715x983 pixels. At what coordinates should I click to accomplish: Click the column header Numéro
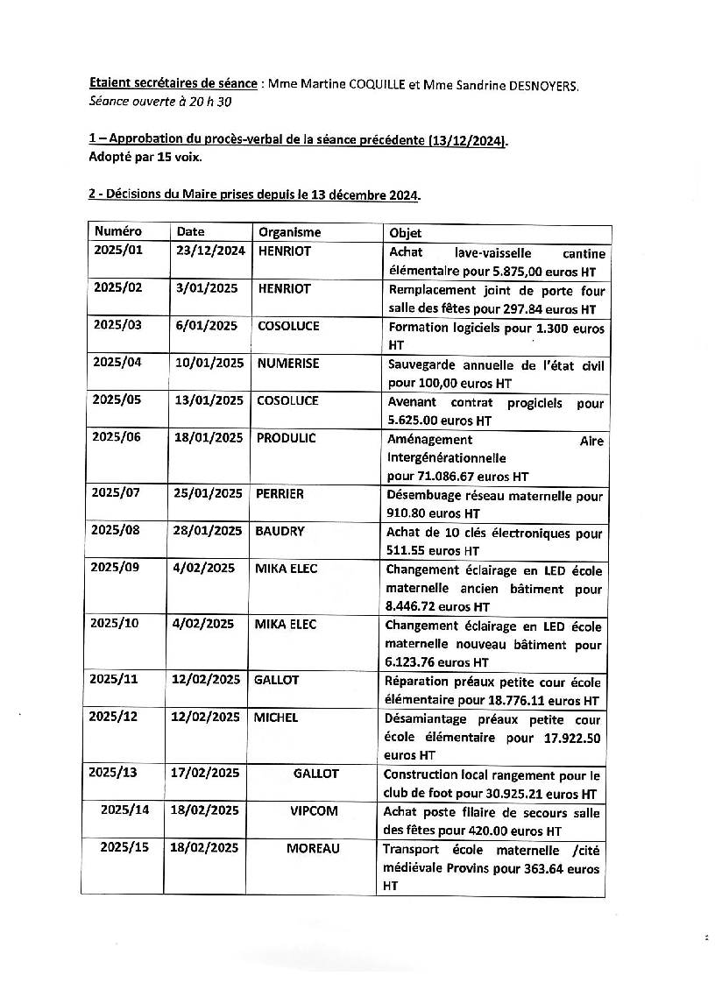tap(118, 232)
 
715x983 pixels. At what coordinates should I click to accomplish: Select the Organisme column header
tap(289, 232)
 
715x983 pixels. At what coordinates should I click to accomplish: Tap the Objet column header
tap(405, 233)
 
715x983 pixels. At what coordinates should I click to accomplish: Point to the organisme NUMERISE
tap(287, 363)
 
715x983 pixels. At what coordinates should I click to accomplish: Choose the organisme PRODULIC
tap(286, 437)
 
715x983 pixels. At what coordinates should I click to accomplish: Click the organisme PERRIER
tap(280, 494)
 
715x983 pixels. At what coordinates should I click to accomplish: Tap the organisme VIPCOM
tap(314, 811)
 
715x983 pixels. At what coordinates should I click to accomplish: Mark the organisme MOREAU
tap(313, 848)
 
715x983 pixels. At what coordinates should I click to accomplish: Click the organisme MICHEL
tap(276, 718)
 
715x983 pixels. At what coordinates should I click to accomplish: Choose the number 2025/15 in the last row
tap(124, 848)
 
